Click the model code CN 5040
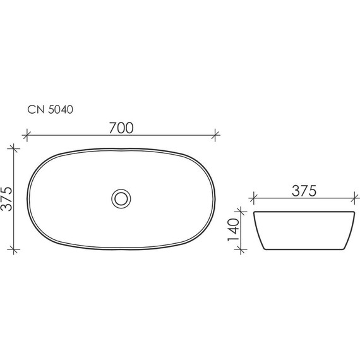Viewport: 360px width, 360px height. click(x=51, y=110)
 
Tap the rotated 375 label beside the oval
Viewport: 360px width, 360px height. click(x=8, y=199)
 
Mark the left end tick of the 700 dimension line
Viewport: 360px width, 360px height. click(x=27, y=135)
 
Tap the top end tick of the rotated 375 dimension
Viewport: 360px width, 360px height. click(x=15, y=148)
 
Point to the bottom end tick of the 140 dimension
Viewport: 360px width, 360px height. click(x=241, y=249)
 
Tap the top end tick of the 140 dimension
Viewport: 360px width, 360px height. click(x=241, y=210)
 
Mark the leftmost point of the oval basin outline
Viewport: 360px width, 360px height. click(x=27, y=198)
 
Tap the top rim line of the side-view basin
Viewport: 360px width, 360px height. click(x=303, y=211)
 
